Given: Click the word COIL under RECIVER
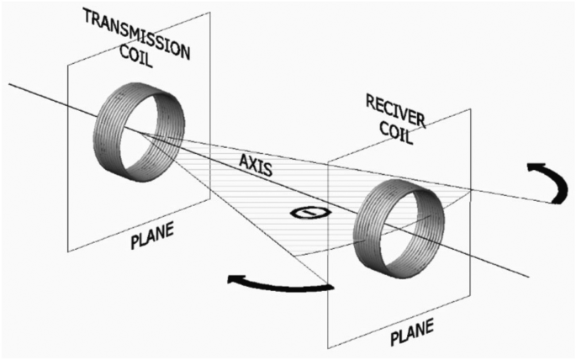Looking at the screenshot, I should tap(394, 135).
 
